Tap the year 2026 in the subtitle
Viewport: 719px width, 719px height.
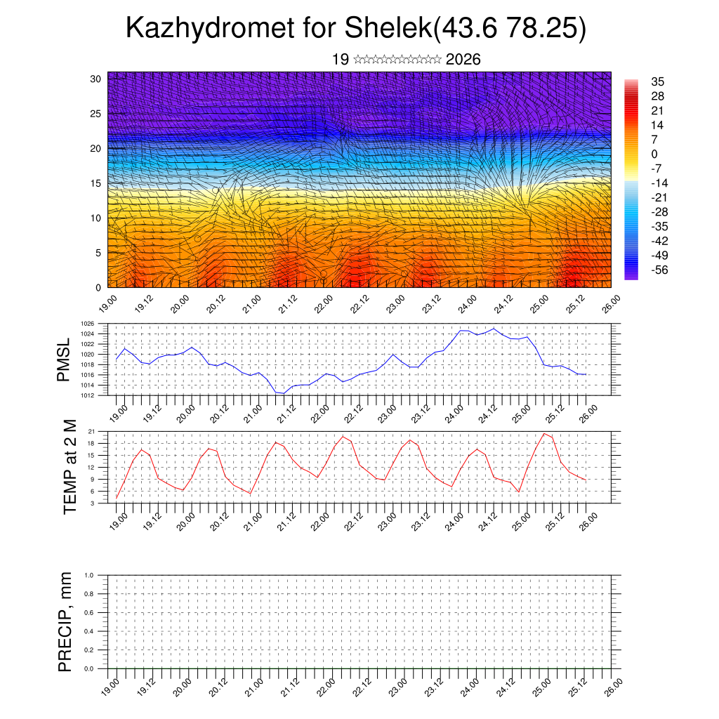click(463, 60)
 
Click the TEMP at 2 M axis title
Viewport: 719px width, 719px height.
click(69, 467)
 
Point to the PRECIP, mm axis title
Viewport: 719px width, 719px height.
click(65, 621)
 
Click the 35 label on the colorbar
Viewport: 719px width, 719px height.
click(658, 81)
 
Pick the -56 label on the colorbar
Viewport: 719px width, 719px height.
click(661, 270)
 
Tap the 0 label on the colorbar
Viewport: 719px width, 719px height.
click(654, 154)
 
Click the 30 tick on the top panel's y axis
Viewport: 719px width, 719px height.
click(96, 79)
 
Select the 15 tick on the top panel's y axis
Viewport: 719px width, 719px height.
click(96, 183)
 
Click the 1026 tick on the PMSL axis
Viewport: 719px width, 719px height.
click(97, 324)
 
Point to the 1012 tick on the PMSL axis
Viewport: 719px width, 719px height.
click(97, 395)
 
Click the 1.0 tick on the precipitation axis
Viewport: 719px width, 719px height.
click(98, 575)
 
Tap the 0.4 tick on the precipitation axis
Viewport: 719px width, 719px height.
click(98, 631)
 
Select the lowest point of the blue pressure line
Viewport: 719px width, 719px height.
click(283, 393)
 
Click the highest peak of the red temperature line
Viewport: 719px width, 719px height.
click(545, 433)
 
